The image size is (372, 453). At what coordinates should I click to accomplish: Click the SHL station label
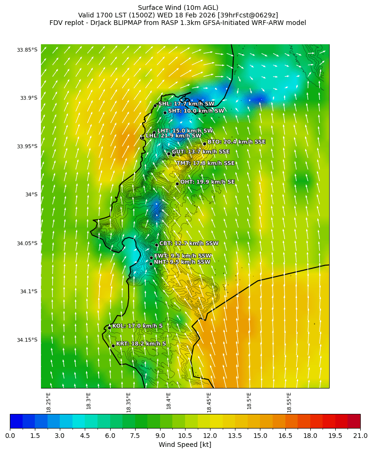(x=186, y=104)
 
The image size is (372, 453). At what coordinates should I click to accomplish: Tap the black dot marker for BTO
(x=204, y=144)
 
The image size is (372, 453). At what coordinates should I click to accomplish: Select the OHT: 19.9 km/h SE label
(x=207, y=182)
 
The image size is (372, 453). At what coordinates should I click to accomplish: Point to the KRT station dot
(x=113, y=346)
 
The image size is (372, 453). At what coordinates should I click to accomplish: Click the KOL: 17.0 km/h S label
(x=137, y=326)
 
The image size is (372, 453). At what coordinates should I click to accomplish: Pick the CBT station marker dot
(x=156, y=245)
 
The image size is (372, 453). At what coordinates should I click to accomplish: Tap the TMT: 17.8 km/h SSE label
(x=205, y=163)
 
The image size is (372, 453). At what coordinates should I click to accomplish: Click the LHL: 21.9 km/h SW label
(x=173, y=136)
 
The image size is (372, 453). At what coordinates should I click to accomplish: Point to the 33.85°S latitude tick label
(x=27, y=49)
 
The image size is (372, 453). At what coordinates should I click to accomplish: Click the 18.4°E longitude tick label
(x=169, y=402)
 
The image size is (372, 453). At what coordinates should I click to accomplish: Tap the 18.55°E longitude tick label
(x=289, y=402)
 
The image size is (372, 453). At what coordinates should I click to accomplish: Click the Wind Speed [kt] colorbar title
(x=185, y=445)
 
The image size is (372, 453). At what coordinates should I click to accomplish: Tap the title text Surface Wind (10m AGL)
(x=178, y=8)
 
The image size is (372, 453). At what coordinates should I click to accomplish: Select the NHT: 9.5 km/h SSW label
(x=182, y=262)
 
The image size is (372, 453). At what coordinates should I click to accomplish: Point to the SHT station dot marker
(x=165, y=112)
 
